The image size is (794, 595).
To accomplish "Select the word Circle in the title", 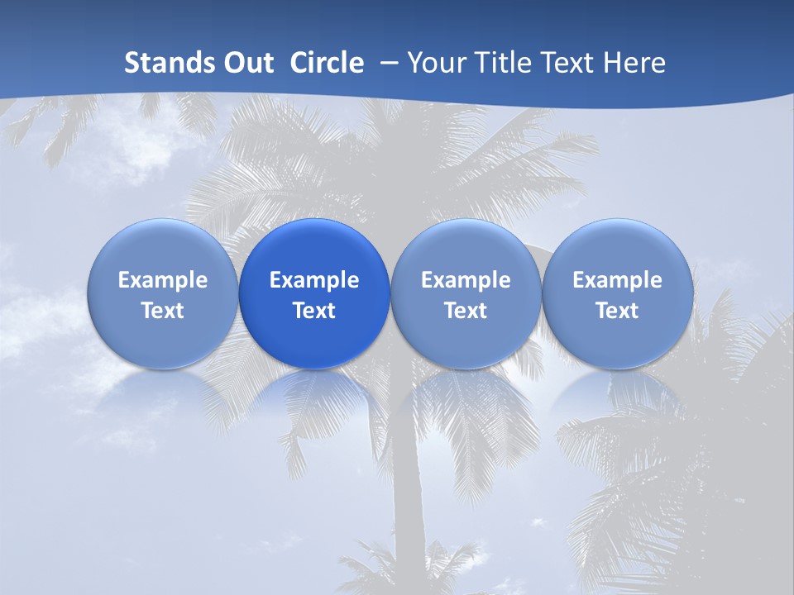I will coord(327,63).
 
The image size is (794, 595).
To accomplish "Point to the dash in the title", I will coord(386,63).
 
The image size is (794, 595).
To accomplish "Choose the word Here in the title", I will coord(635,63).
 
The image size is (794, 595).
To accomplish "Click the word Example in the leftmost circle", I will coord(163,280).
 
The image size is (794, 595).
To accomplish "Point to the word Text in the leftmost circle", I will coord(163,311).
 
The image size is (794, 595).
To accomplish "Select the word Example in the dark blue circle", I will coord(314,280).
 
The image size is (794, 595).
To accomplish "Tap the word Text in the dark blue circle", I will coord(314,311).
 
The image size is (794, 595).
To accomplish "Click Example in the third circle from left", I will coord(466,280).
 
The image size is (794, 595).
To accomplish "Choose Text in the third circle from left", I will coord(466,311).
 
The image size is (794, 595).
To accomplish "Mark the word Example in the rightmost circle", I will coord(618,280).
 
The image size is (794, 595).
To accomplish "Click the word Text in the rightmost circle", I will coord(618,311).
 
